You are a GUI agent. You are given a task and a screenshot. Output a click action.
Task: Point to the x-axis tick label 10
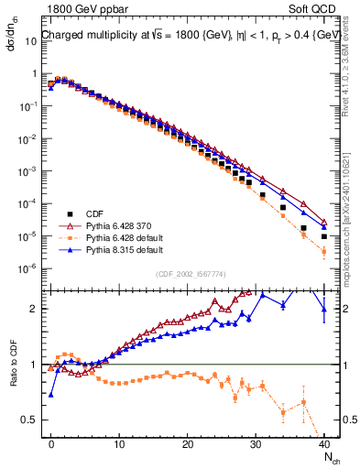[119, 443]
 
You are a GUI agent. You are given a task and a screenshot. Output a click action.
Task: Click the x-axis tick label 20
[188, 443]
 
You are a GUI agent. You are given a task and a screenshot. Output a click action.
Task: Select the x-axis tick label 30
[256, 443]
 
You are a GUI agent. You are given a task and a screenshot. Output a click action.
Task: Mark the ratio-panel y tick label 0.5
[29, 420]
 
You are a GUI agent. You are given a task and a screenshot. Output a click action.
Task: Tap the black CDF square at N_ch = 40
[324, 236]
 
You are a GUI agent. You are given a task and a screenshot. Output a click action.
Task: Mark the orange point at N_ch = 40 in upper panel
[324, 252]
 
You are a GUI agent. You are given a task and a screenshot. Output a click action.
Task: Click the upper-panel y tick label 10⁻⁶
[29, 268]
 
